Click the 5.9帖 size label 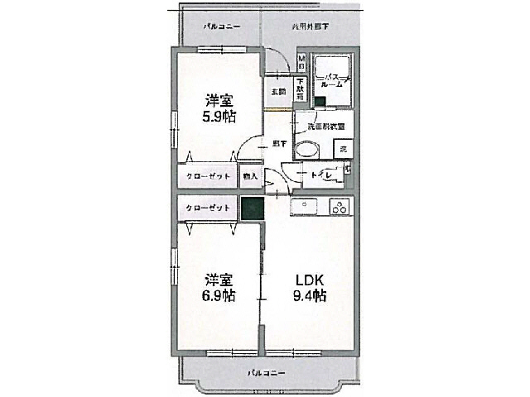pyautogui.click(x=218, y=116)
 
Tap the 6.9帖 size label pyautogui.click(x=218, y=294)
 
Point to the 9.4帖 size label pyautogui.click(x=308, y=295)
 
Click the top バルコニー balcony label pyautogui.click(x=223, y=26)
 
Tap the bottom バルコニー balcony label pyautogui.click(x=267, y=373)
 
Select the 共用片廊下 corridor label pyautogui.click(x=311, y=26)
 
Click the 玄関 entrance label pyautogui.click(x=277, y=92)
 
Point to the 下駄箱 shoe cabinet pyautogui.click(x=300, y=88)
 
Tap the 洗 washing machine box pyautogui.click(x=343, y=149)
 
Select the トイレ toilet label pyautogui.click(x=321, y=175)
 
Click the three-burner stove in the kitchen pyautogui.click(x=340, y=208)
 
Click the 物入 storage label pyautogui.click(x=249, y=175)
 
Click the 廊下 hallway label pyautogui.click(x=279, y=143)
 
